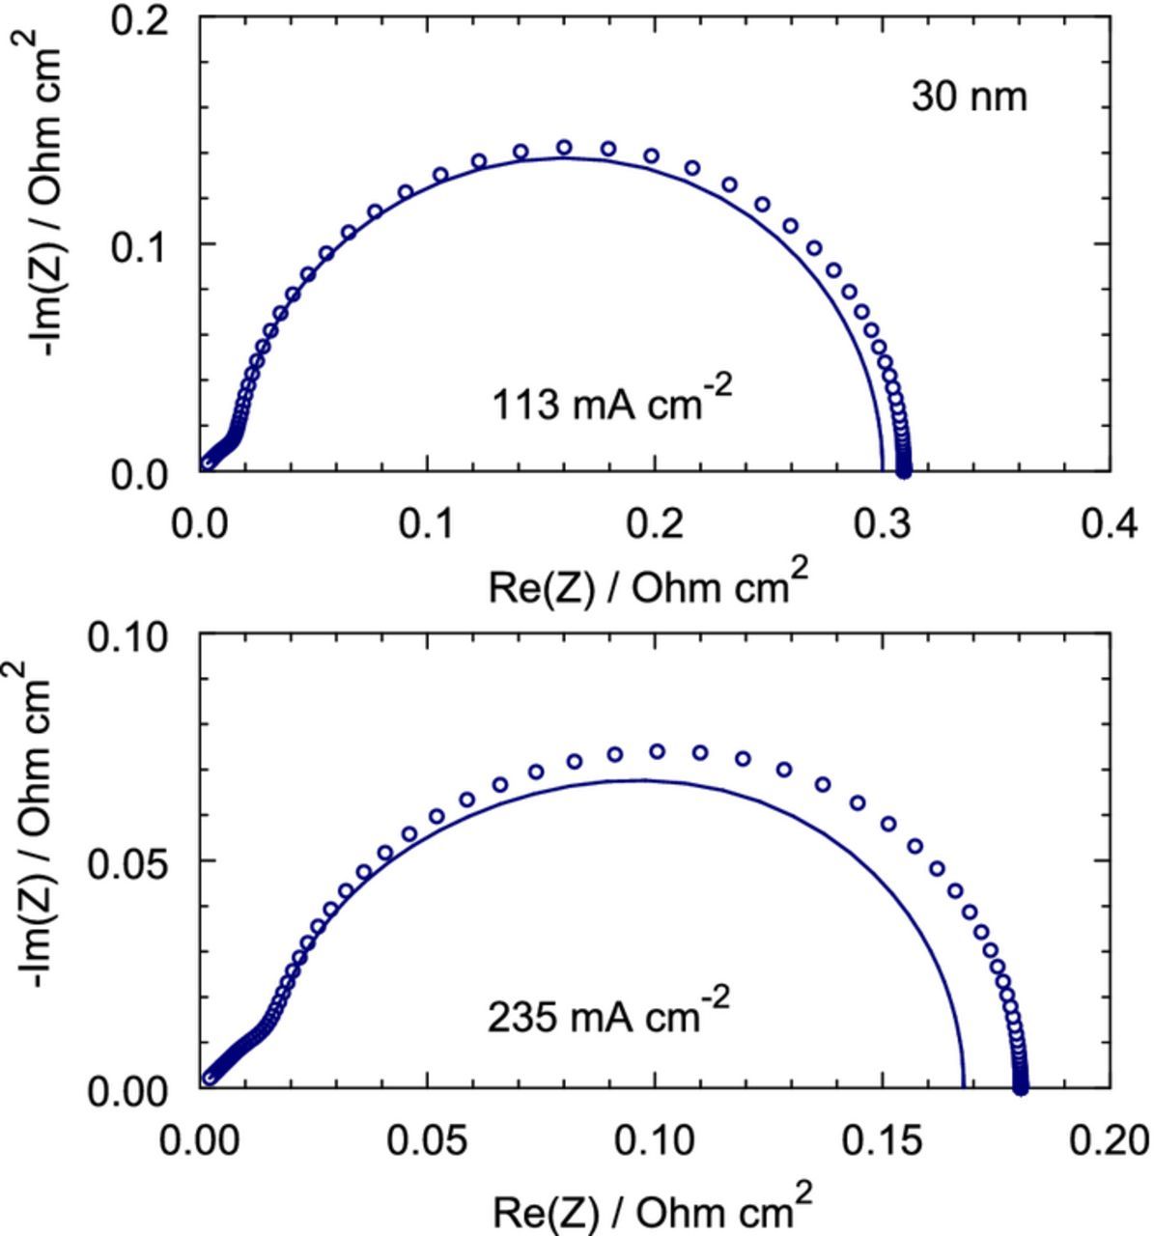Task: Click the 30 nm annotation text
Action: [969, 98]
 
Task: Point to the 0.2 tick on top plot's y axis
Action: [142, 18]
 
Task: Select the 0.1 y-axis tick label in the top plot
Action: [142, 245]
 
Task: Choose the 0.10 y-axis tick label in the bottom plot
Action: [128, 637]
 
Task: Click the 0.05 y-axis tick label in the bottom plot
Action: [128, 861]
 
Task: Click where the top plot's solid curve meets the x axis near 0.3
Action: [882, 469]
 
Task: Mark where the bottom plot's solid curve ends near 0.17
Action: [964, 1087]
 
